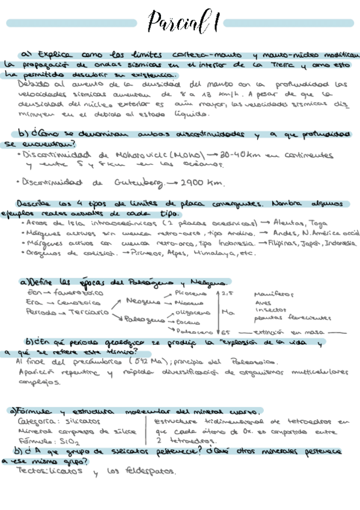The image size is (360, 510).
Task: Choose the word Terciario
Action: (88, 313)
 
